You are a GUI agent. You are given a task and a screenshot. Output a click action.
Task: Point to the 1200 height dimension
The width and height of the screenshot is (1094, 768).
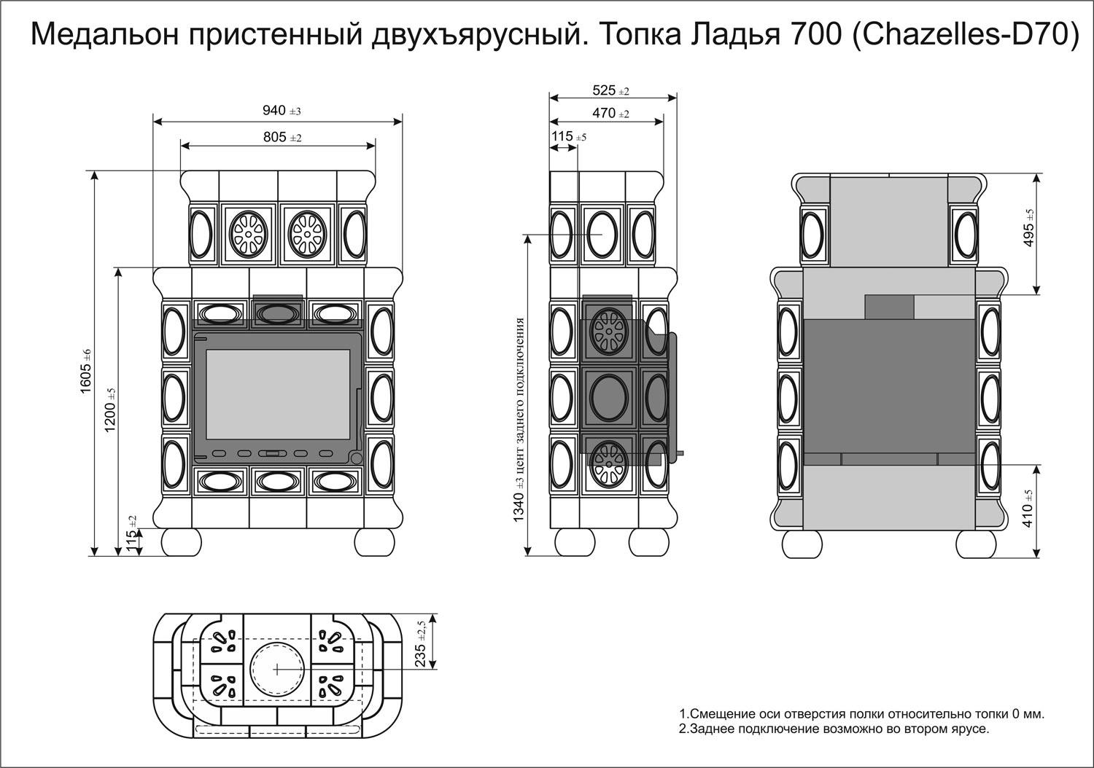pyautogui.click(x=110, y=411)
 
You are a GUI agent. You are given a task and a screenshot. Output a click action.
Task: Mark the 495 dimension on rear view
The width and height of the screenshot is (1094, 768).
pyautogui.click(x=1028, y=230)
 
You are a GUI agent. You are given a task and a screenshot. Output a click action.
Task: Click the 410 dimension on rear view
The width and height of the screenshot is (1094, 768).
pyautogui.click(x=1028, y=510)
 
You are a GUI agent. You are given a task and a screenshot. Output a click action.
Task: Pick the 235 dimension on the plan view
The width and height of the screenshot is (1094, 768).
pyautogui.click(x=420, y=642)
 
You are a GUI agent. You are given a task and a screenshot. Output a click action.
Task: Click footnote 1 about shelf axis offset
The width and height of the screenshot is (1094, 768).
pyautogui.click(x=861, y=713)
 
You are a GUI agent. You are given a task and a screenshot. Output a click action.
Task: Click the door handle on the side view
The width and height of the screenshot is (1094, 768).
pyautogui.click(x=675, y=393)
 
